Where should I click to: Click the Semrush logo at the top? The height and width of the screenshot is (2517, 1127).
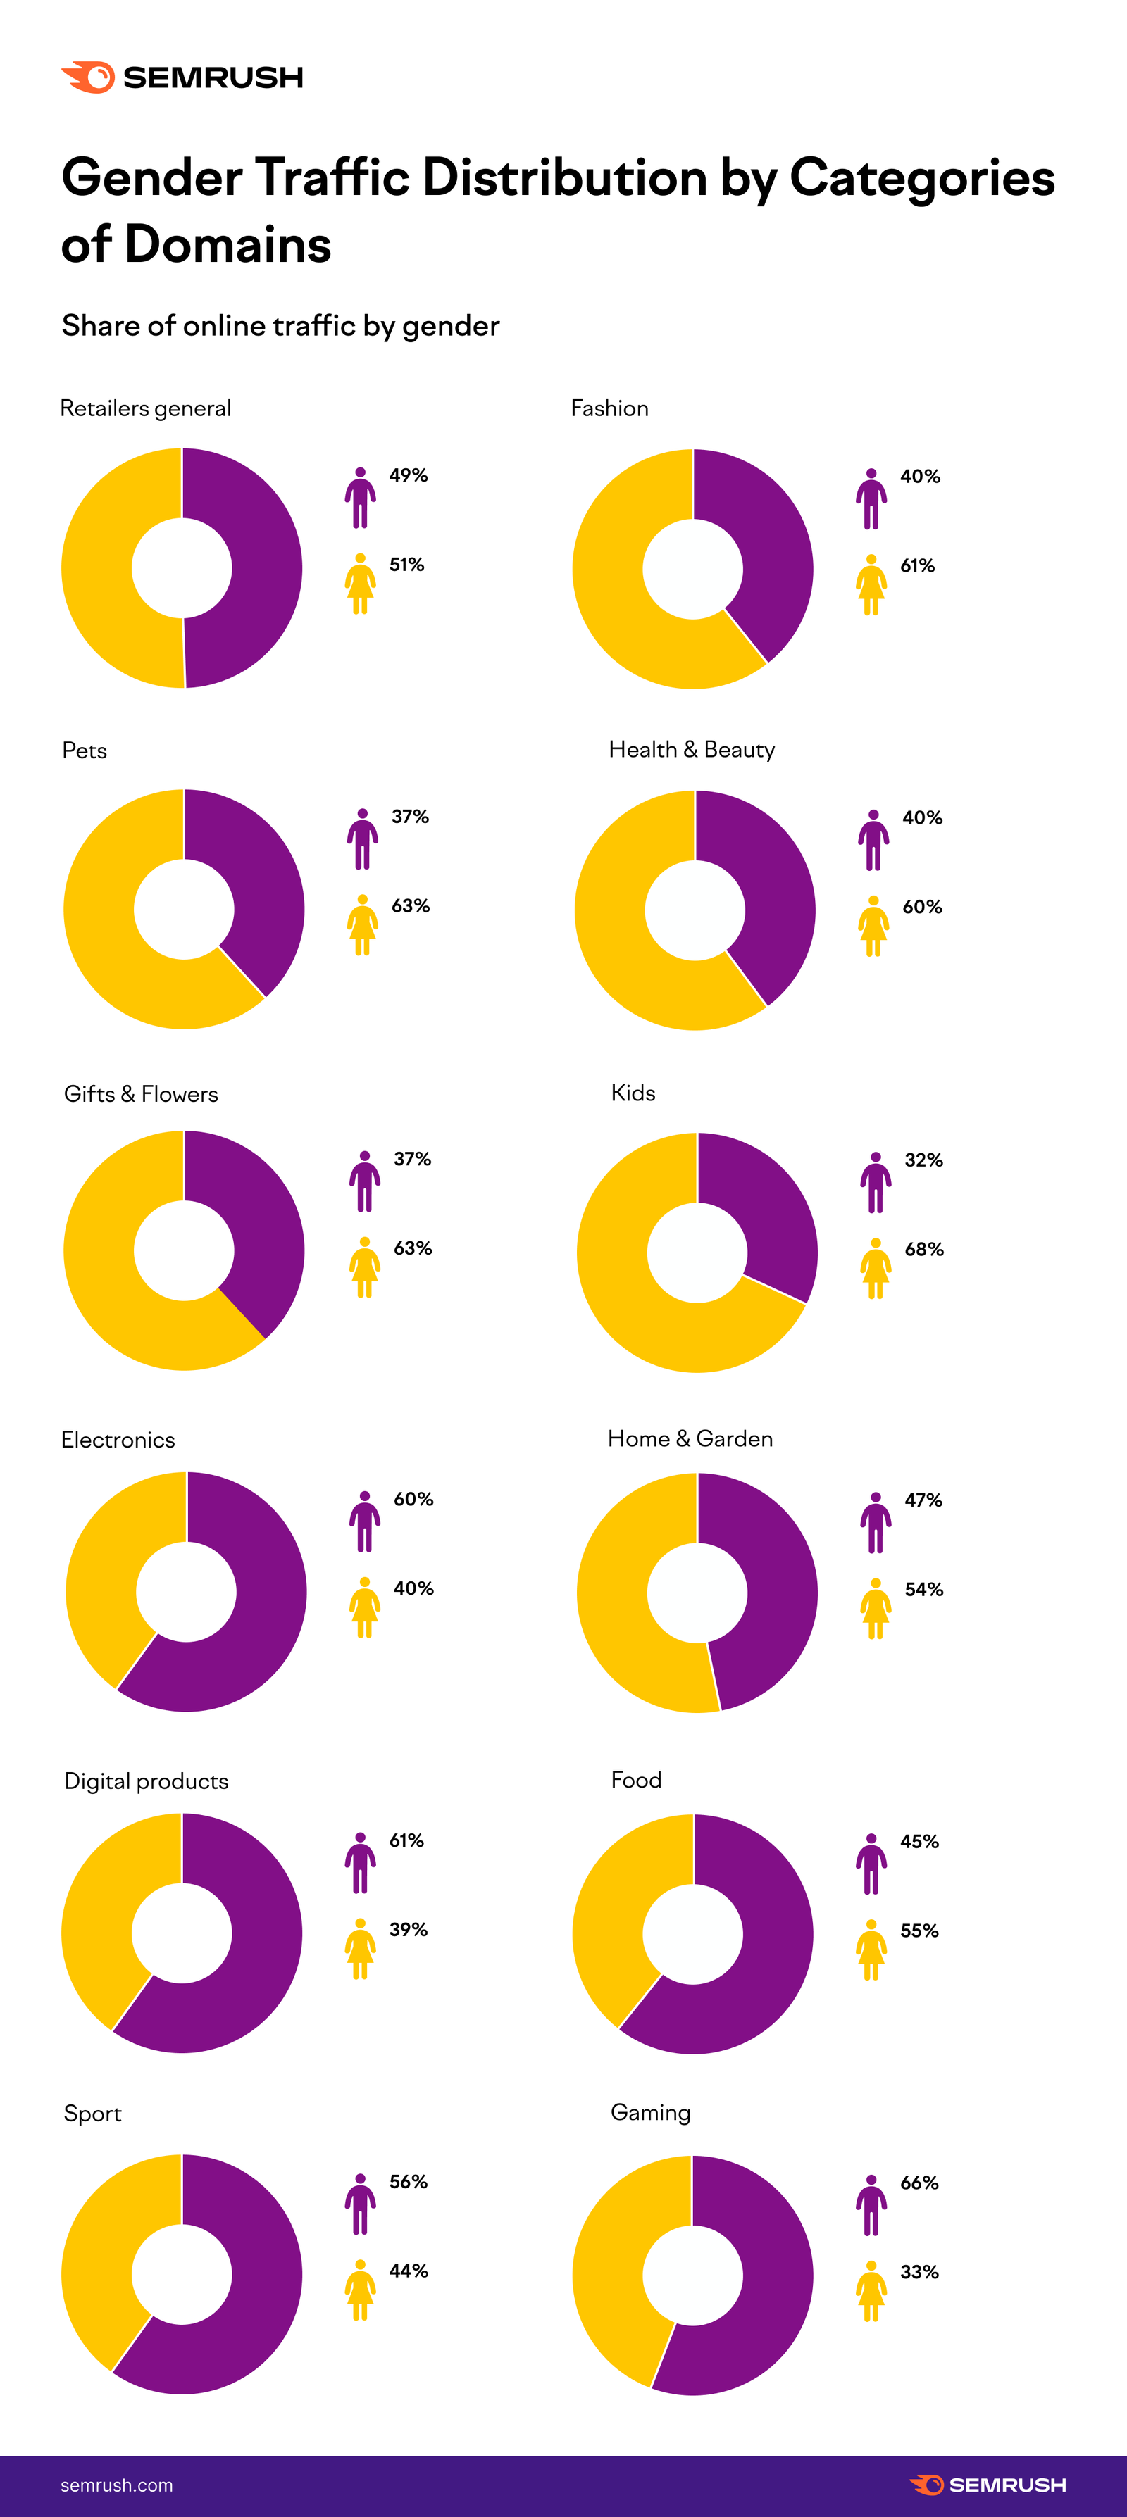[182, 77]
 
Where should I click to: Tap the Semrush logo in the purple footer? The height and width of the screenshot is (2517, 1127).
[988, 2484]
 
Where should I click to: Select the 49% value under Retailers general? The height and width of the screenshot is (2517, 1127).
[409, 475]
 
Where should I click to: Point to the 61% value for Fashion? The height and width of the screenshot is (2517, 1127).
[917, 566]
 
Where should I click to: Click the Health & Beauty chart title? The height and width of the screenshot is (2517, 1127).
[691, 749]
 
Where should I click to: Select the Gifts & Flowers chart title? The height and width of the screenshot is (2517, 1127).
[141, 1093]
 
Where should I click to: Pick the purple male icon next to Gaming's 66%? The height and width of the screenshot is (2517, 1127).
[871, 2204]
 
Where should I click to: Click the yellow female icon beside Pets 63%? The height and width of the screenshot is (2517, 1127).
[361, 924]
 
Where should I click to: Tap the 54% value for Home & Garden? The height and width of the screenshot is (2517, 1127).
[923, 1590]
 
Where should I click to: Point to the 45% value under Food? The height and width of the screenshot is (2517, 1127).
[919, 1841]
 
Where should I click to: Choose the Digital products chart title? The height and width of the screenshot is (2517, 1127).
[146, 1781]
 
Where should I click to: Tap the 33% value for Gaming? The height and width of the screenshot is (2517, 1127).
[919, 2272]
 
